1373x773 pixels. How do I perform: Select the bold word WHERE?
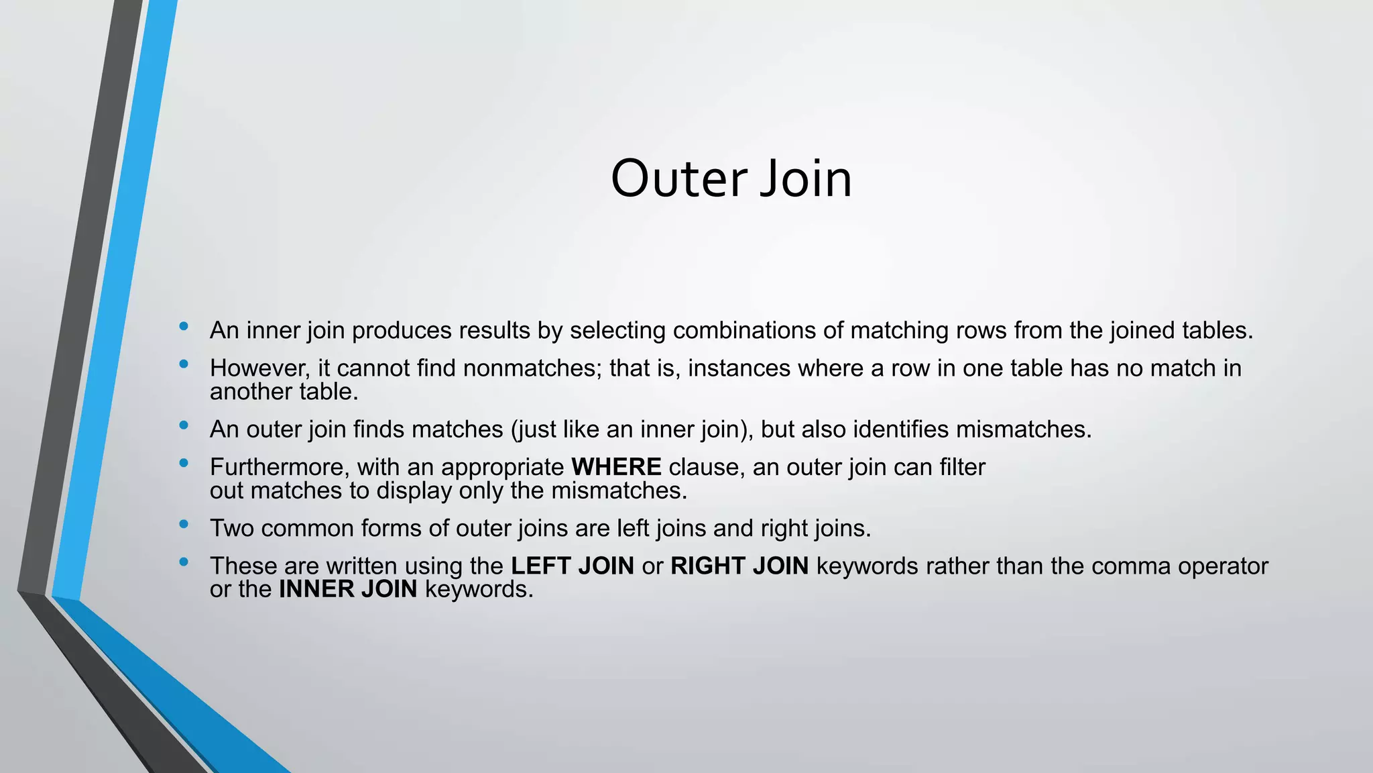click(616, 467)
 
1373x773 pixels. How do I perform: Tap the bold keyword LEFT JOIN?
click(572, 566)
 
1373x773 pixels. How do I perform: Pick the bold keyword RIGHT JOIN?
click(739, 566)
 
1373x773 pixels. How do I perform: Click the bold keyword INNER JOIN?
click(348, 589)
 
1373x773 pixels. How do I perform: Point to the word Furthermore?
click(280, 467)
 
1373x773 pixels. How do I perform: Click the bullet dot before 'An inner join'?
click(184, 327)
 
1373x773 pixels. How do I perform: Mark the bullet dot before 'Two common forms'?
click(184, 524)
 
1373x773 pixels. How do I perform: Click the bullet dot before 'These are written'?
click(184, 562)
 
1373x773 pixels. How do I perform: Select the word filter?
click(962, 467)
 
